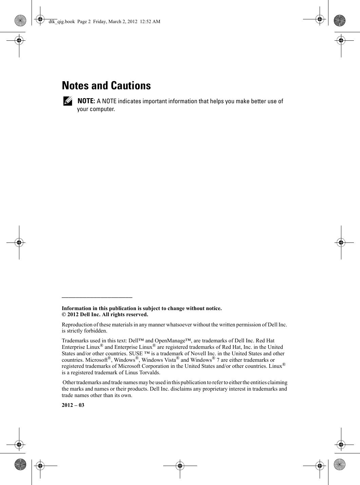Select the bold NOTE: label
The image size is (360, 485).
(86, 101)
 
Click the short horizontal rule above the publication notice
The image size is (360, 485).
(97, 297)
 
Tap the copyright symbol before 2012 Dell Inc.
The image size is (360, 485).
(63, 315)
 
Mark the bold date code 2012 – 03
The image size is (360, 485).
(73, 405)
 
